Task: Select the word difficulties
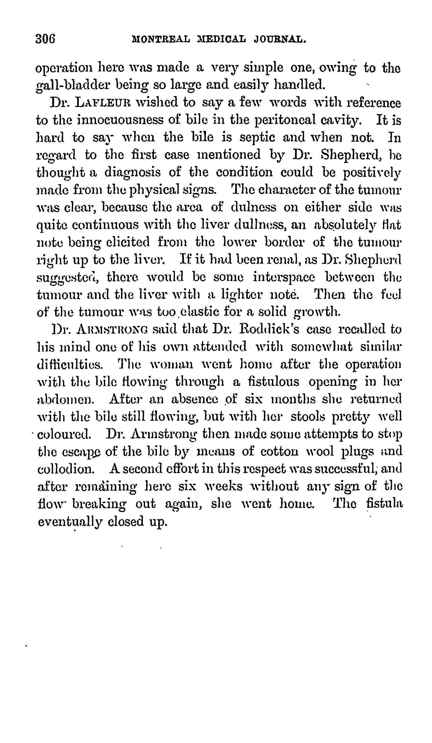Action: pyautogui.click(x=70, y=365)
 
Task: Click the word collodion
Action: pyautogui.click(x=66, y=469)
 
